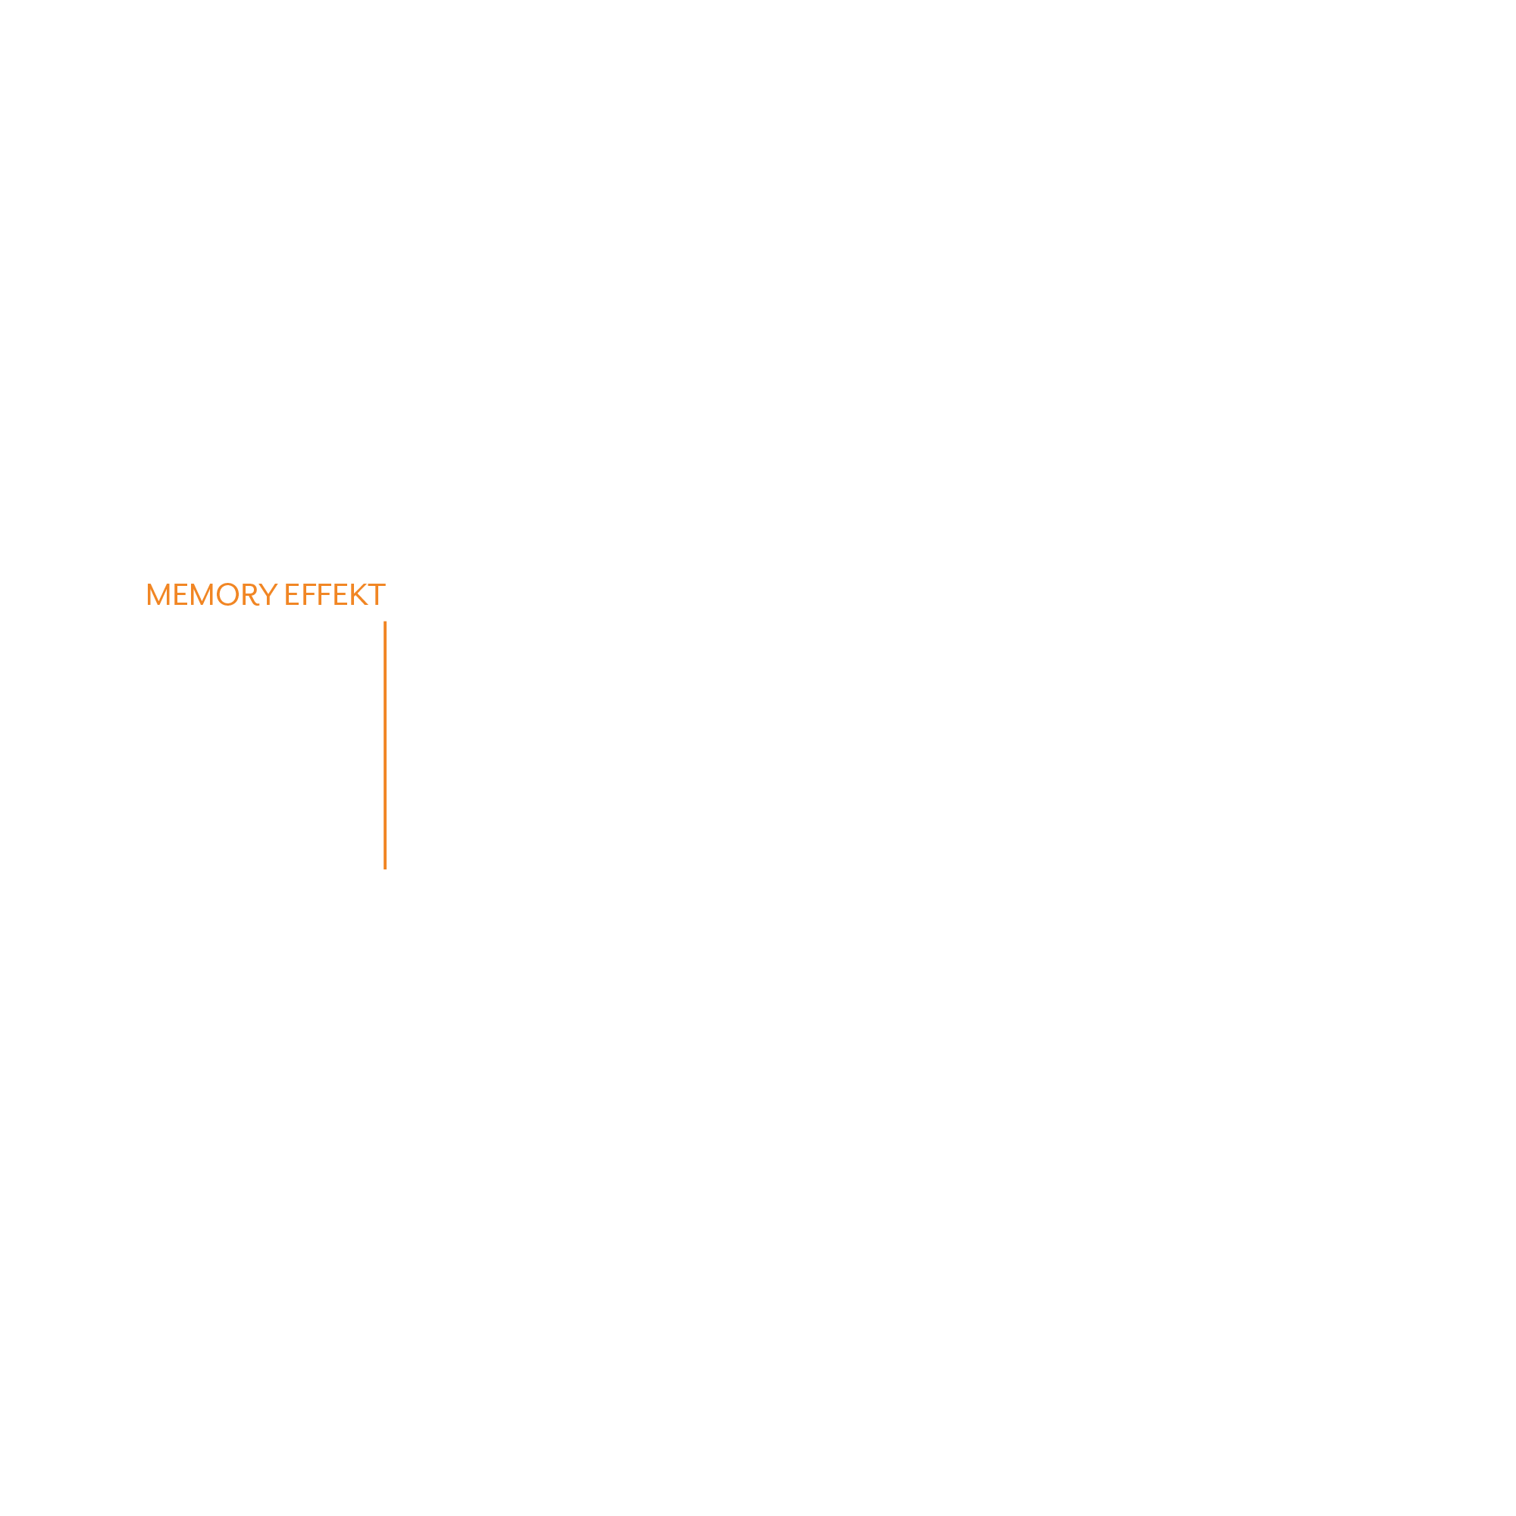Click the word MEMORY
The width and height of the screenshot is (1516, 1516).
212,595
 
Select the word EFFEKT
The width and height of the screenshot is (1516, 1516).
335,595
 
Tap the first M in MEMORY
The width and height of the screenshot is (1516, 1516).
158,595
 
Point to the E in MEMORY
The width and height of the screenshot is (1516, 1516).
180,595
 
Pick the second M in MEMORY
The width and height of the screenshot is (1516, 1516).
202,595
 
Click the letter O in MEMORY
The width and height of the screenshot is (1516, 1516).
227,595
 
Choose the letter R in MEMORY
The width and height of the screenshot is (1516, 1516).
251,595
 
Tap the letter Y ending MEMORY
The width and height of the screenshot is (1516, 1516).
268,595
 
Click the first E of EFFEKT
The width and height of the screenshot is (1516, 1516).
292,595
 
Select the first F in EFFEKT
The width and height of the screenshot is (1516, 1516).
309,595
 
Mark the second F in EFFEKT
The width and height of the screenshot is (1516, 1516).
325,595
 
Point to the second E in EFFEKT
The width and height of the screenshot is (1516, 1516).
340,595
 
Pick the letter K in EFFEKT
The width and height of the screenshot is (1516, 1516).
359,595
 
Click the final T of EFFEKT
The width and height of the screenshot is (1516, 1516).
377,595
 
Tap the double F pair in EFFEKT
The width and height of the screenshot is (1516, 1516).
317,595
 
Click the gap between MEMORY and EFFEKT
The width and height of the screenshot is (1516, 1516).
282,595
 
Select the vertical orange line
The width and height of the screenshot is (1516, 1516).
385,745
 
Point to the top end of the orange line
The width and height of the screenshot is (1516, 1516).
385,622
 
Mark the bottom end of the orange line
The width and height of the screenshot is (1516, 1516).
385,869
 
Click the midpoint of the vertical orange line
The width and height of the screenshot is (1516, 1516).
385,745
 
